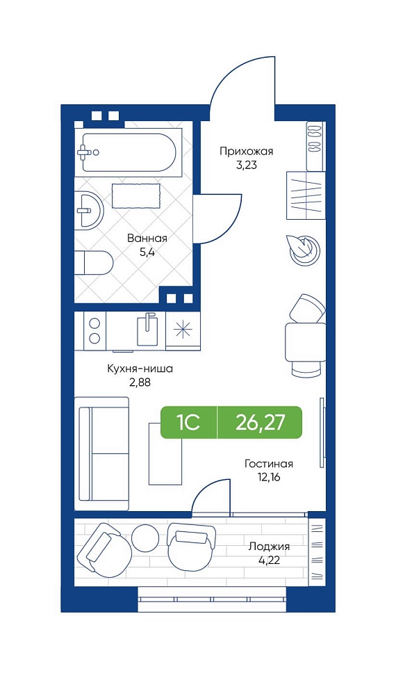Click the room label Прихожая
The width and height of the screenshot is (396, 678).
(246, 152)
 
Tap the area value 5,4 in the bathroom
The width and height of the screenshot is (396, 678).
(147, 252)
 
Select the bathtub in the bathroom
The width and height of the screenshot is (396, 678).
(129, 152)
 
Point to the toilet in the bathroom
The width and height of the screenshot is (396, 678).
(94, 263)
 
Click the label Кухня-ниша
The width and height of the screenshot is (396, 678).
(140, 369)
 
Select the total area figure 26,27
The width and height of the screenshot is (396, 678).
(261, 422)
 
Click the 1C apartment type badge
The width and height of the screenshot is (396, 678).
(188, 423)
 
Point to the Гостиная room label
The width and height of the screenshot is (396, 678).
(269, 464)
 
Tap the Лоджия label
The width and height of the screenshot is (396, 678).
(269, 547)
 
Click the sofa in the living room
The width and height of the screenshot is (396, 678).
(102, 453)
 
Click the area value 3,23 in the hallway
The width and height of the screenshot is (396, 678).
(247, 166)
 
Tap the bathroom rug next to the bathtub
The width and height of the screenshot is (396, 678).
(136, 196)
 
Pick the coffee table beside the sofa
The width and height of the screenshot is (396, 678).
(165, 453)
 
